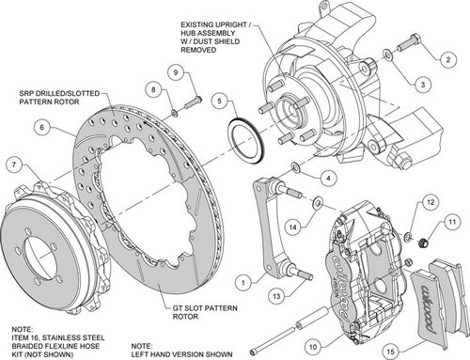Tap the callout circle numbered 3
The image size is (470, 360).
424,84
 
